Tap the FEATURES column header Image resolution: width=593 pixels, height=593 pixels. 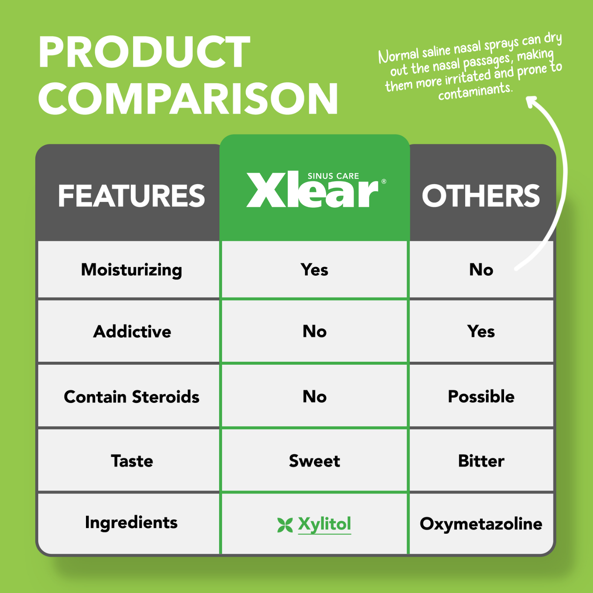[x=132, y=196]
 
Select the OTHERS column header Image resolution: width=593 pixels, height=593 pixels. [x=481, y=196]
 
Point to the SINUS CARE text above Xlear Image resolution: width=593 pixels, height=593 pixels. [x=333, y=176]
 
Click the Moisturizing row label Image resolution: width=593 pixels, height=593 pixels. [x=132, y=270]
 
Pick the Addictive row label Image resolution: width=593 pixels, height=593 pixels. [x=132, y=331]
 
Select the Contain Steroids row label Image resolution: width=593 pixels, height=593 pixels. [x=132, y=397]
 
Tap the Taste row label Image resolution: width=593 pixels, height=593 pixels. [x=132, y=461]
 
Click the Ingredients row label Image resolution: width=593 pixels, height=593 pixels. [x=131, y=523]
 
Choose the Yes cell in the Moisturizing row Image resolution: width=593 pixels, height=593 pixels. [x=314, y=269]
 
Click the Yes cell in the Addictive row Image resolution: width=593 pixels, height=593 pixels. [x=481, y=331]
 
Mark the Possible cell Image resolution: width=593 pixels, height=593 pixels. [x=481, y=397]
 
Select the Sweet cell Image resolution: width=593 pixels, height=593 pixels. [x=314, y=461]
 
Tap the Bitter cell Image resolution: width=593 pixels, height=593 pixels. [x=481, y=461]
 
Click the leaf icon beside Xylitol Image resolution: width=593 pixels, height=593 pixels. [x=285, y=525]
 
